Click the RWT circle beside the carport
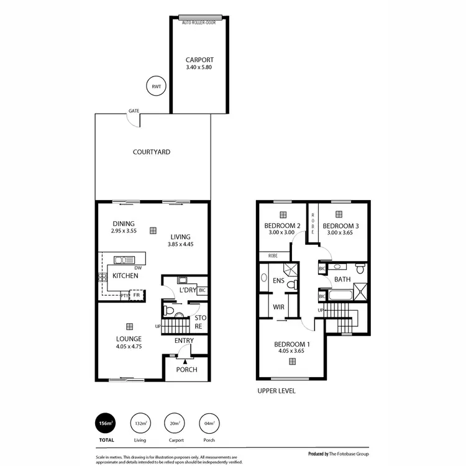[x=155, y=87]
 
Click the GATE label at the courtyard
[x=134, y=111]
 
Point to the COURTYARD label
[x=152, y=152]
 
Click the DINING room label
[x=124, y=224]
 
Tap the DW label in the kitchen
[x=138, y=268]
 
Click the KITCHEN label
[x=125, y=276]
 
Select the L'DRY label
[x=188, y=290]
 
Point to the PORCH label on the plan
[x=186, y=370]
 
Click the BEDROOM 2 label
[x=283, y=226]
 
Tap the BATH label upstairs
[x=342, y=280]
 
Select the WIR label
[x=279, y=307]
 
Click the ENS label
[x=278, y=281]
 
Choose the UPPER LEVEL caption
[x=276, y=391]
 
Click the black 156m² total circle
[x=106, y=425]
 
